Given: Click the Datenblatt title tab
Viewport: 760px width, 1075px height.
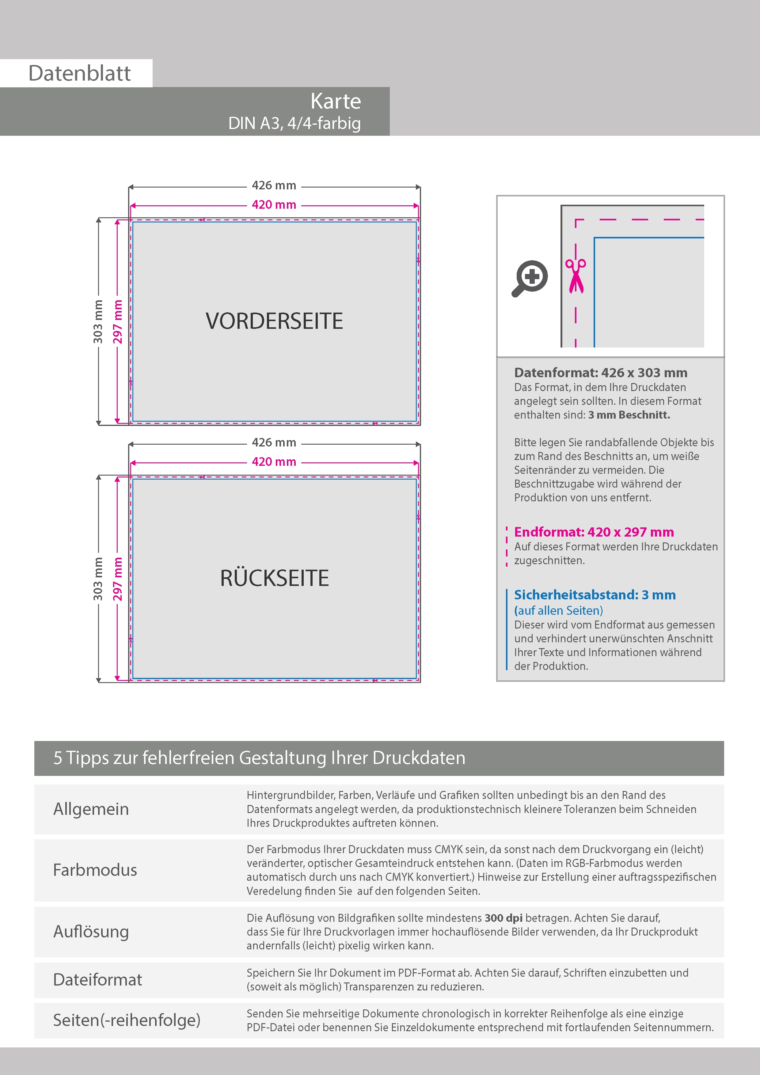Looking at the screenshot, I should (x=80, y=74).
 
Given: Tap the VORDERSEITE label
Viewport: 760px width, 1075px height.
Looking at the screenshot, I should (x=274, y=321).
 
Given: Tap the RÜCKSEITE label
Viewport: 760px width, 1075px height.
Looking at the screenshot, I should (x=274, y=578).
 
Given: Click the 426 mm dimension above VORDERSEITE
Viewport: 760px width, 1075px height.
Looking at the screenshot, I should (x=274, y=185).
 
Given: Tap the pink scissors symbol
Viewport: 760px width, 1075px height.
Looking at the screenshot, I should (x=576, y=276).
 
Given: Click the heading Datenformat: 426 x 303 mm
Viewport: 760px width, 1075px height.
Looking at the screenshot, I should (x=600, y=373).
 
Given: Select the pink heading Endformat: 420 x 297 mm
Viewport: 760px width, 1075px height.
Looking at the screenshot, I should (x=594, y=532).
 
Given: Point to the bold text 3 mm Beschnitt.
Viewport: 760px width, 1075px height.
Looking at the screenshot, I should (x=629, y=415).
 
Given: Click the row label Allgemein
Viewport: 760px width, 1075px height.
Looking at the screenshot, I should (x=91, y=809).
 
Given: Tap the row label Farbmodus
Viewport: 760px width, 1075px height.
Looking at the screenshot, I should (x=95, y=870).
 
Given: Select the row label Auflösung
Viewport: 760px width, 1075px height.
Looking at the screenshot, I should (x=91, y=931).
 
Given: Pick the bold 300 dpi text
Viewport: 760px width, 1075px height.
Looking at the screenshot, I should (x=503, y=918).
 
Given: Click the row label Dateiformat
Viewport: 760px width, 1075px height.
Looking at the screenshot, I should (x=97, y=979).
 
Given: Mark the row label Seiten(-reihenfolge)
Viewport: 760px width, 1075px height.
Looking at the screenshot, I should (x=127, y=1020).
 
